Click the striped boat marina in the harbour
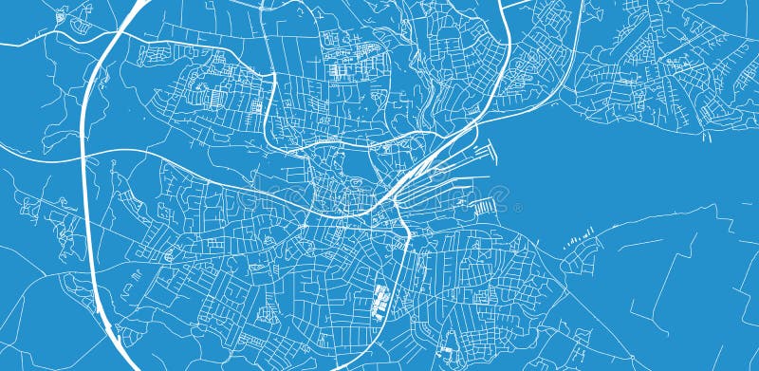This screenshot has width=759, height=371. pyautogui.click(x=485, y=207)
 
